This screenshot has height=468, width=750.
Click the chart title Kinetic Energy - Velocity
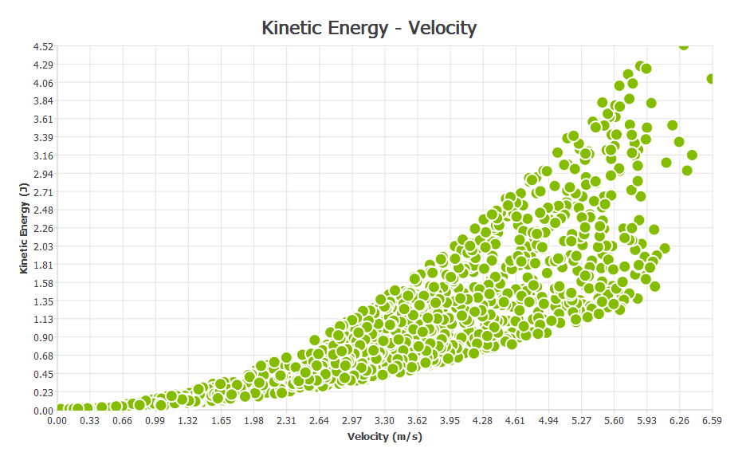click(x=369, y=28)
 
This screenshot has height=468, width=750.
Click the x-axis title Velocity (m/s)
click(x=385, y=437)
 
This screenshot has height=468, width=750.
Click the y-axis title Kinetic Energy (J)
click(x=24, y=227)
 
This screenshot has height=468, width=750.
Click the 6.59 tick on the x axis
click(x=711, y=420)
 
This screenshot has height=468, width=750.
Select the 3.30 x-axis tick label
click(x=384, y=420)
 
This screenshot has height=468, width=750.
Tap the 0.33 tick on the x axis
click(x=90, y=420)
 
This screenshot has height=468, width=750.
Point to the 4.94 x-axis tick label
click(x=548, y=420)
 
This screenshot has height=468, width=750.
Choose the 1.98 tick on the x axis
click(x=253, y=420)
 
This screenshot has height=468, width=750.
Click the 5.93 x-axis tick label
click(x=646, y=420)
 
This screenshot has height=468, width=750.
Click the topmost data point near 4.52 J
click(x=683, y=45)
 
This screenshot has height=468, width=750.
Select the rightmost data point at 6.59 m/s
click(x=711, y=78)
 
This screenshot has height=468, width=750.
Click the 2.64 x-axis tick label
click(x=319, y=420)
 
